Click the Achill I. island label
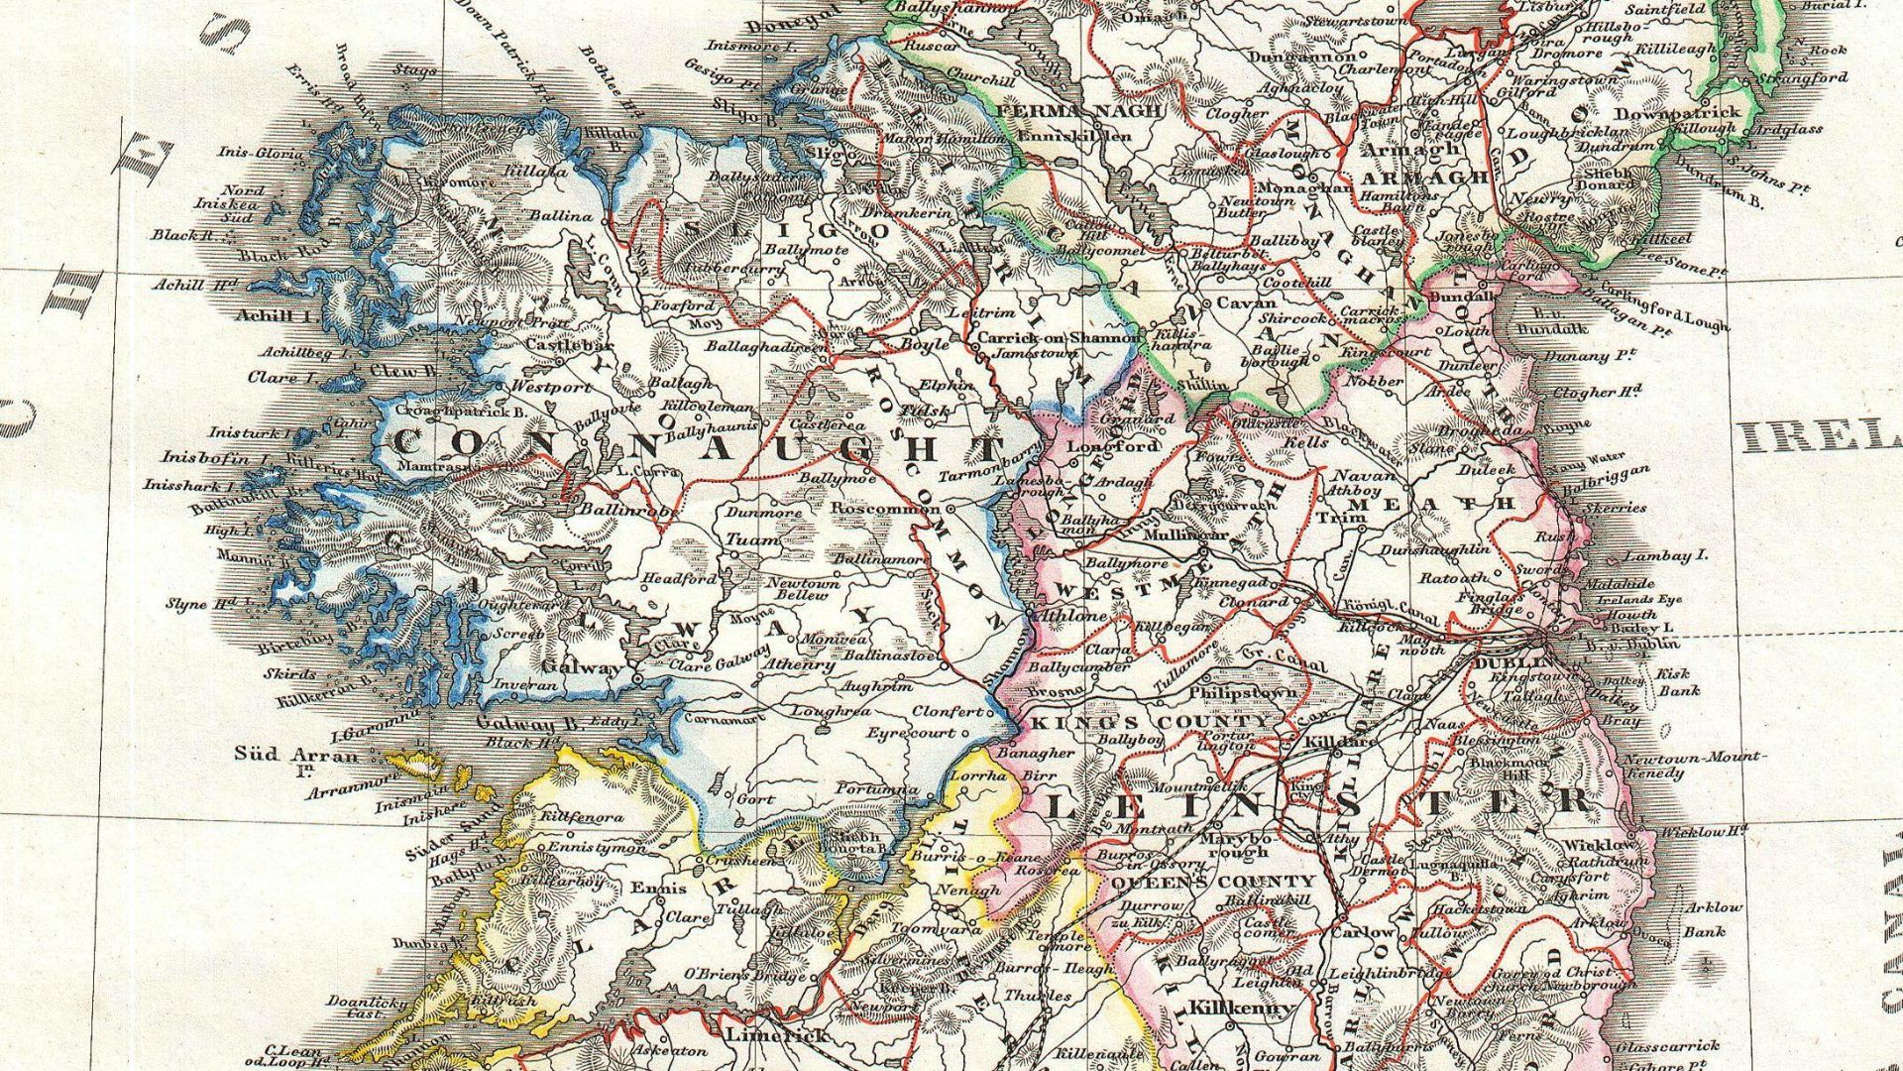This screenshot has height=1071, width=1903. click(x=279, y=316)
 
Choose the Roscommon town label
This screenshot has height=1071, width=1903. click(x=884, y=509)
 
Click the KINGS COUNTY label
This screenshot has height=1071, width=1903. click(x=1150, y=722)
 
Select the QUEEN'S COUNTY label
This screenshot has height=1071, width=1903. click(x=1213, y=882)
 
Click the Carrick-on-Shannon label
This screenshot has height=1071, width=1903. click(x=1059, y=338)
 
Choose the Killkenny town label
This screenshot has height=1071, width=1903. click(x=1241, y=1009)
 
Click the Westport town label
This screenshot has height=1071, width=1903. click(x=552, y=387)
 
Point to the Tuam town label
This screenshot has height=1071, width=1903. click(x=753, y=540)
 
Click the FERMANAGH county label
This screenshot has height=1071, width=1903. click(x=1078, y=112)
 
